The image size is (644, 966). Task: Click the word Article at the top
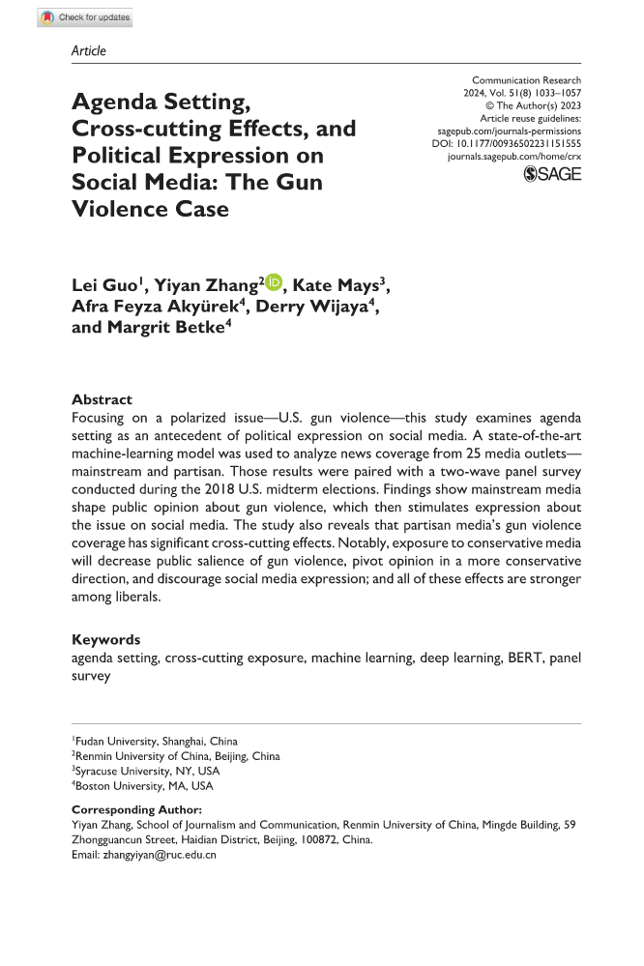point(89,50)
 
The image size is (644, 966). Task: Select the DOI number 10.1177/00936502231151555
point(520,142)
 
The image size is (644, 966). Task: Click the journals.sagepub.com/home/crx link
point(514,155)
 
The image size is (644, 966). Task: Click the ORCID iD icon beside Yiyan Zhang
point(274,282)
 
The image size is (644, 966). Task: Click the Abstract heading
point(102,399)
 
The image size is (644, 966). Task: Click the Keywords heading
point(106,639)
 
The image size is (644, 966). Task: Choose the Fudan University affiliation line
point(155,742)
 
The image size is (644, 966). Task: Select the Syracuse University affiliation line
point(146,772)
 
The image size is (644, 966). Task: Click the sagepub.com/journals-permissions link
point(510,130)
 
